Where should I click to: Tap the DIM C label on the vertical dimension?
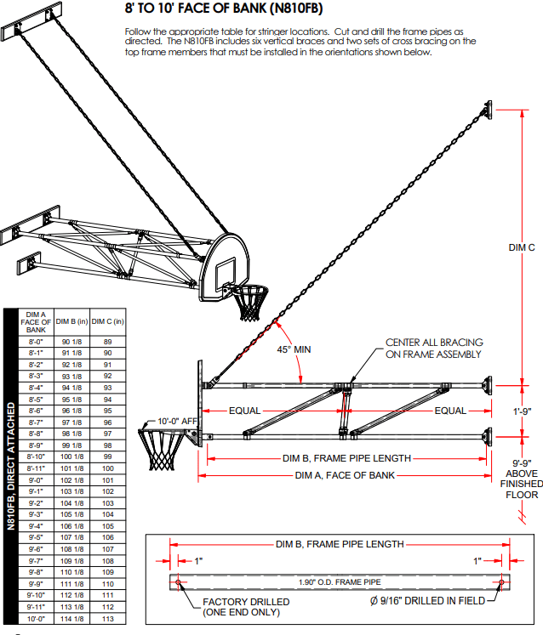click(x=521, y=247)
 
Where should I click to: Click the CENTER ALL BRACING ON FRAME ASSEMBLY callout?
click(x=433, y=348)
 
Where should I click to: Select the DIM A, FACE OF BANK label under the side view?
click(x=345, y=475)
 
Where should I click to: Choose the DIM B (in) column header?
click(x=72, y=321)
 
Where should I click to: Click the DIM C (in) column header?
click(x=108, y=321)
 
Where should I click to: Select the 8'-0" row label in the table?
click(x=36, y=342)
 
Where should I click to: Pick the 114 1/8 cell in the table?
click(x=72, y=618)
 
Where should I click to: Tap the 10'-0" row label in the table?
click(x=36, y=618)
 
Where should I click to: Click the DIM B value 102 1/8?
click(x=72, y=480)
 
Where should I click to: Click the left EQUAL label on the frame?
click(x=244, y=411)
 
